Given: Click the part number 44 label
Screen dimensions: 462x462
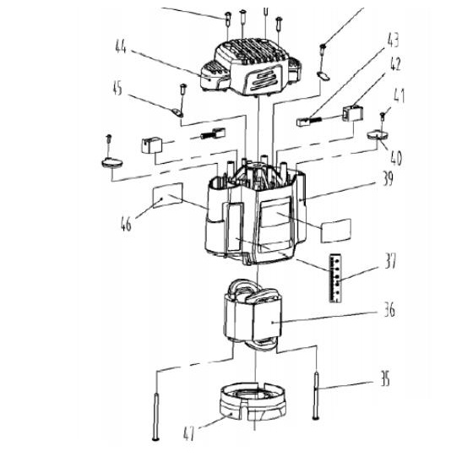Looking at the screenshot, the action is [x=121, y=46].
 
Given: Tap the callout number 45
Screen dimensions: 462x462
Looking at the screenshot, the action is [x=117, y=89].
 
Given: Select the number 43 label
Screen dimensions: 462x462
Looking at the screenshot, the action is [x=393, y=40].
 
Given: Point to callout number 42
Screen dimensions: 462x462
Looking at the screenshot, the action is [x=395, y=64].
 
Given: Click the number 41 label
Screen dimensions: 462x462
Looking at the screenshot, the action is [x=399, y=95].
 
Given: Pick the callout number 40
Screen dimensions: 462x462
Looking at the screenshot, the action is [x=396, y=158].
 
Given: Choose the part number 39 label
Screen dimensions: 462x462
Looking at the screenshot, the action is [x=388, y=178].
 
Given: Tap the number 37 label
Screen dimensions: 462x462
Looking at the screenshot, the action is [x=391, y=261].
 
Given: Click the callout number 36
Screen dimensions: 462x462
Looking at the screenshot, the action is [x=389, y=310].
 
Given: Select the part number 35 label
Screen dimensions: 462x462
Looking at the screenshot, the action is [x=385, y=379].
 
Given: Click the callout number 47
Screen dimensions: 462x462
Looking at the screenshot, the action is [x=189, y=434].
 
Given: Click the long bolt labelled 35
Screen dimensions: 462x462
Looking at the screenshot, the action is [x=316, y=394].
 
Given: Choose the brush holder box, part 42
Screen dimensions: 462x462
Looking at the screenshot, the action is [x=353, y=113].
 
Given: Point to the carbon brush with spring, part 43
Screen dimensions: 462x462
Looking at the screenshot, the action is [x=310, y=122].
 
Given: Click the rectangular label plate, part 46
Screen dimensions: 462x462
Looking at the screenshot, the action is [x=167, y=195].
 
